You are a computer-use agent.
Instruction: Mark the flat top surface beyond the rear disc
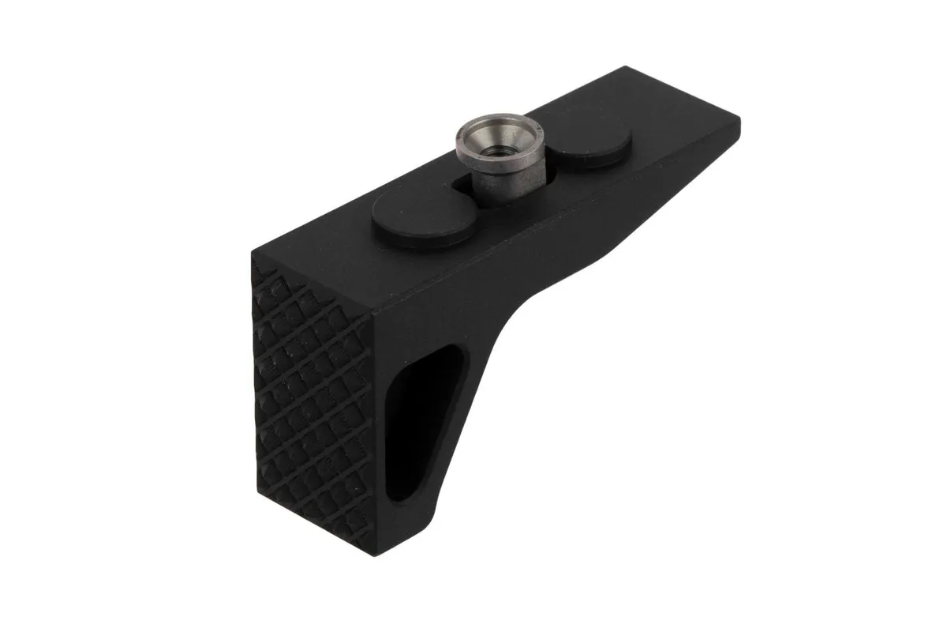[x=671, y=126]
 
